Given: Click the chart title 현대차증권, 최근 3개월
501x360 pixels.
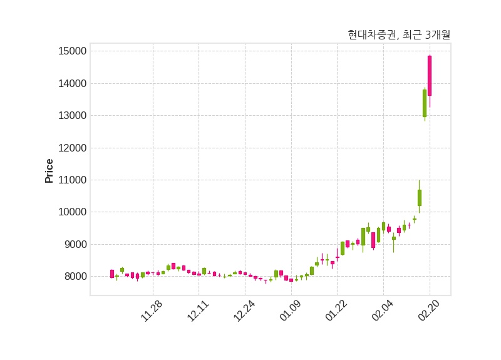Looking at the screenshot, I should [399, 35].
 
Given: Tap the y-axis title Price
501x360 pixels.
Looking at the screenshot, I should [49, 171].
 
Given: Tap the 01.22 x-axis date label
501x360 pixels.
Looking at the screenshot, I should [336, 311].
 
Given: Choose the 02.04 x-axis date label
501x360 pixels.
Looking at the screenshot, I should [383, 311].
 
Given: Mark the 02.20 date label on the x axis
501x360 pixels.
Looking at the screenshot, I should [429, 311].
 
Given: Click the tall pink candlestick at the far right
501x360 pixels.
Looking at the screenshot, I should [430, 76].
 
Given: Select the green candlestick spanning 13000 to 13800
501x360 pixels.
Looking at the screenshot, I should [425, 103].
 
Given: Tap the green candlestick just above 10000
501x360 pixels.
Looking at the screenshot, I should [420, 198].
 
